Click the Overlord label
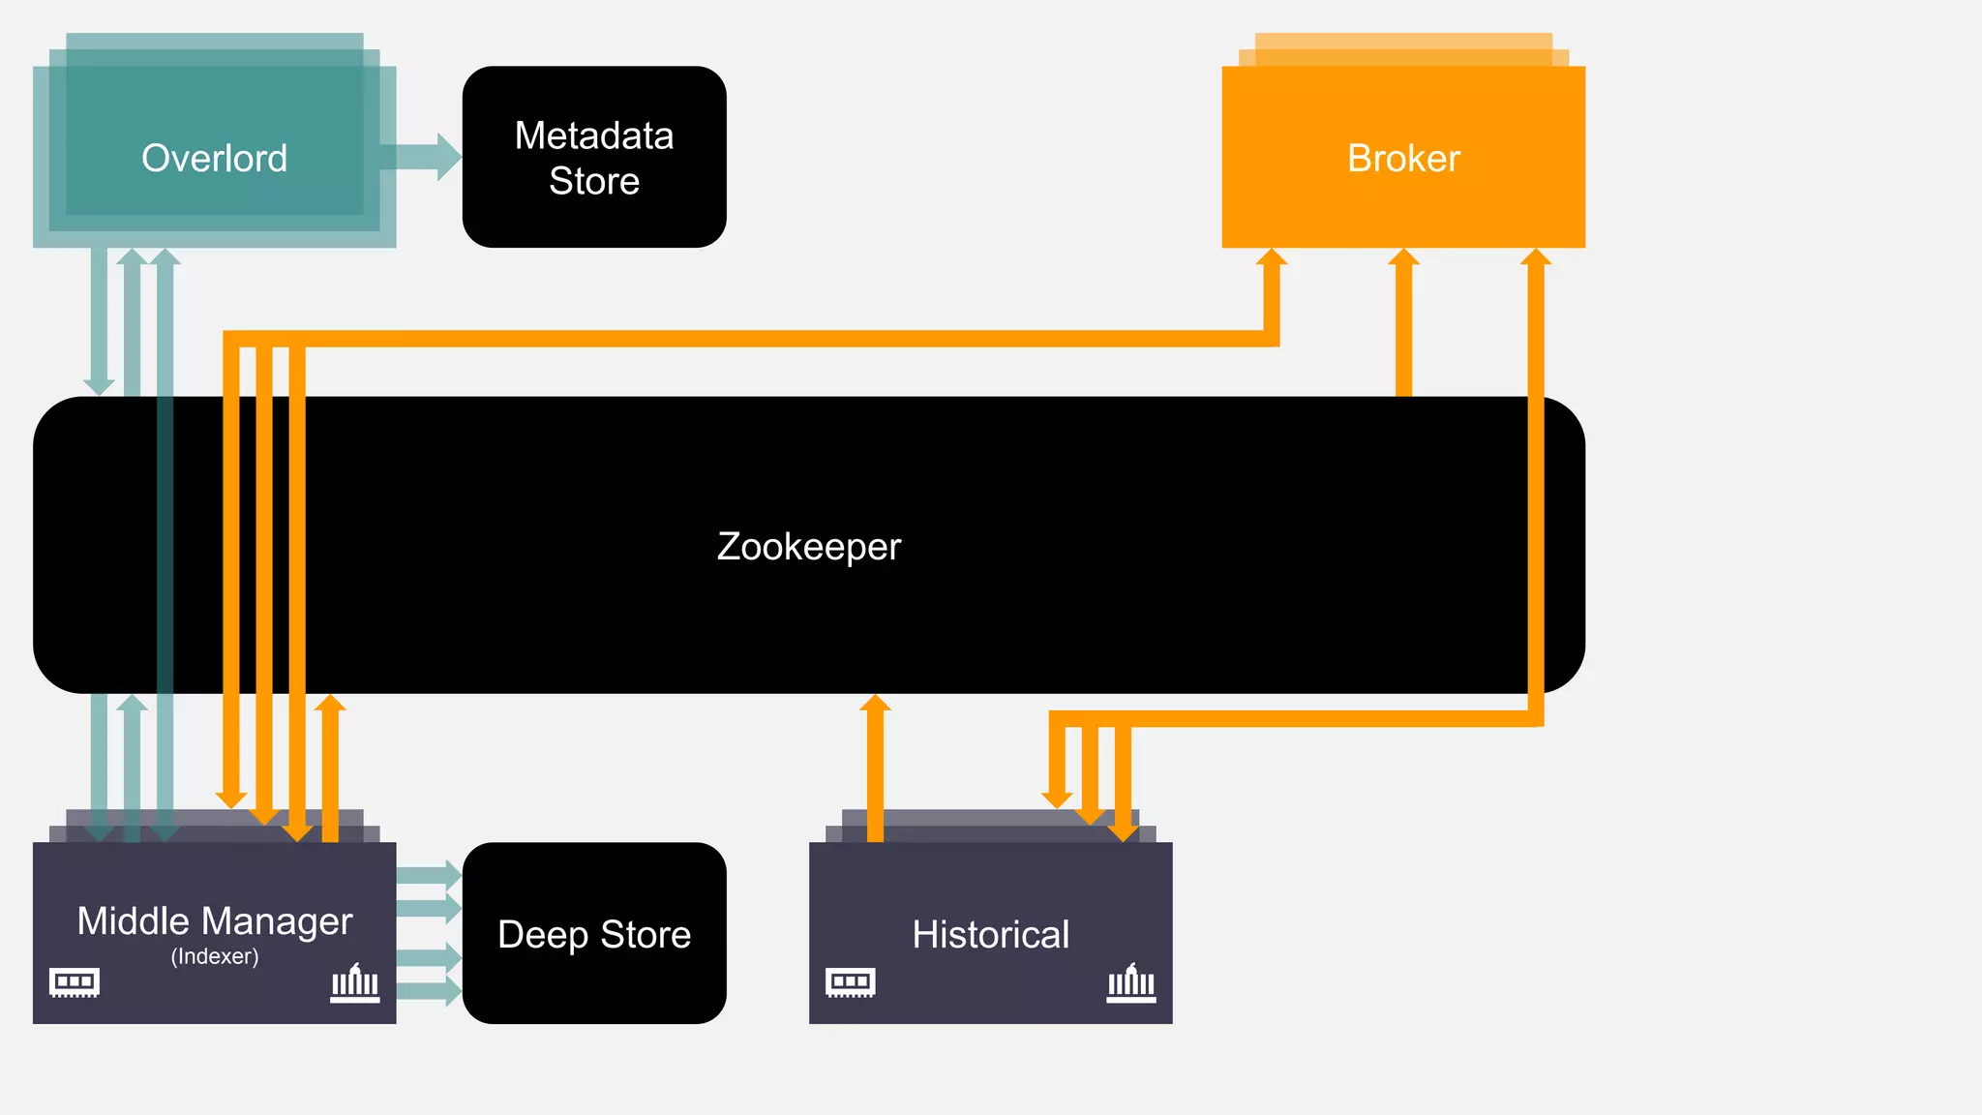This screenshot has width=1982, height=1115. click(214, 158)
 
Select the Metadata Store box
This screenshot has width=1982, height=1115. click(594, 157)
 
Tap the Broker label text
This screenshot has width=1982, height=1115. click(1403, 158)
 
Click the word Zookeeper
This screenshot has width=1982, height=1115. click(809, 546)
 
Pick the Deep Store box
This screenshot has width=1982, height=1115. click(594, 933)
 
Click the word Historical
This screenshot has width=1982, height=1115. click(990, 934)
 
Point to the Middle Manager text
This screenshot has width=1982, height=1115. click(214, 920)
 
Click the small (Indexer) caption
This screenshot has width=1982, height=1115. click(214, 956)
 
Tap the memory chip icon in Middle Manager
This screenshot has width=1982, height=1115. click(75, 981)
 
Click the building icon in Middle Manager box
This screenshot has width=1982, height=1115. click(355, 983)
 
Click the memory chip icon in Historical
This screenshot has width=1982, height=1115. click(851, 981)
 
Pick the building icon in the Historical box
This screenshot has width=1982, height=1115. click(1131, 983)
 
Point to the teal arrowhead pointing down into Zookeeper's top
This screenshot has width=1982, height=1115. click(99, 385)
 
